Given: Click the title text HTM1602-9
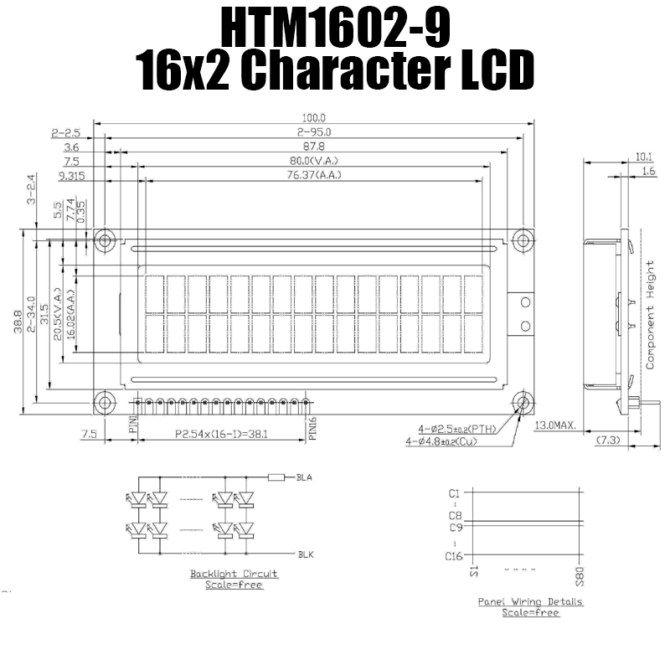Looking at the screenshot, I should (335, 28).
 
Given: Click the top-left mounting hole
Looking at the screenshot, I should (105, 240).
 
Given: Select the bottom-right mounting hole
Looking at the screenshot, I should (523, 403).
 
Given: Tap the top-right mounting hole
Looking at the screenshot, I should (523, 240).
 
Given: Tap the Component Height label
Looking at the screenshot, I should (650, 315).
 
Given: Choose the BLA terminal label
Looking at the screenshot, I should (304, 478).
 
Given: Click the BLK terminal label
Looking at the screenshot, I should (305, 554).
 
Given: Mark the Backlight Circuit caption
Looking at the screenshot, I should (234, 574).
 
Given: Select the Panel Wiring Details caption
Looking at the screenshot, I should (530, 601).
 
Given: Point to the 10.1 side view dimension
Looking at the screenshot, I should (643, 156).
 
